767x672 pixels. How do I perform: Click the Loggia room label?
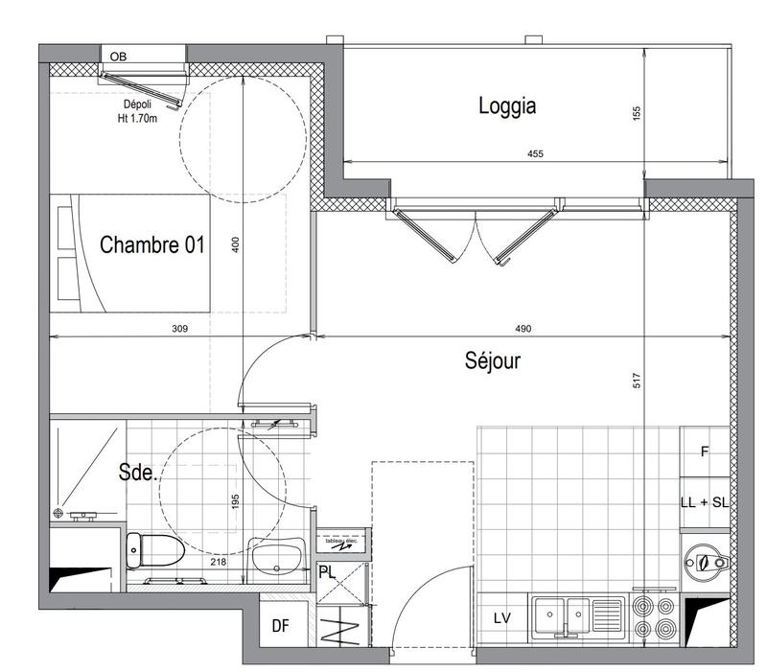pos(506,106)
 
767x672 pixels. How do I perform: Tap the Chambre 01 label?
pos(152,245)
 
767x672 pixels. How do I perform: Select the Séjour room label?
pos(492,361)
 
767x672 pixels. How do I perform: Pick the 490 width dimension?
pos(523,329)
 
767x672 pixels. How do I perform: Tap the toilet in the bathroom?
pos(153,551)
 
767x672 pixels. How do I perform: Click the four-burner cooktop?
pos(655,618)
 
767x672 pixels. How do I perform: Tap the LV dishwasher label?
pos(501,619)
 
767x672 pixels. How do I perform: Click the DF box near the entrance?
pos(280,626)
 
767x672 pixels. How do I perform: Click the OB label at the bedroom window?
pos(118,57)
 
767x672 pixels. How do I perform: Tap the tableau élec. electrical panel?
pos(341,544)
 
